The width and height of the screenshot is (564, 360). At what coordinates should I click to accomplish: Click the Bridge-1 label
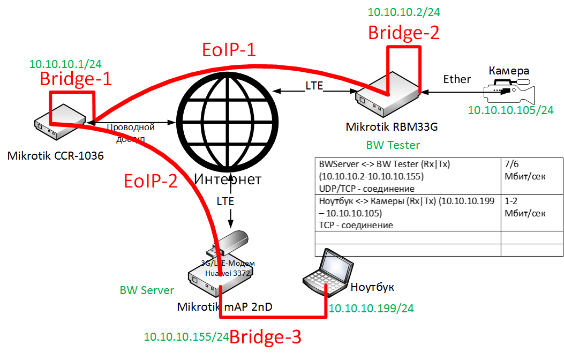tap(76, 79)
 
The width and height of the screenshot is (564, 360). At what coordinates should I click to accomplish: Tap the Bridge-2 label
tap(404, 33)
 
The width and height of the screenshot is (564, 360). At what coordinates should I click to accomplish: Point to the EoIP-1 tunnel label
tap(229, 50)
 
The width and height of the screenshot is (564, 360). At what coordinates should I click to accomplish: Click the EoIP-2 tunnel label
tap(151, 181)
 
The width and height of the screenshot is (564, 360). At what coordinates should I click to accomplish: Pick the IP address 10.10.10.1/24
tap(65, 64)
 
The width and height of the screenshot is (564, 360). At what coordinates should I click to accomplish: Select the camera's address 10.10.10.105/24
tap(510, 110)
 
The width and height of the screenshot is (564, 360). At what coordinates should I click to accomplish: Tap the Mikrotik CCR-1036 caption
tap(55, 156)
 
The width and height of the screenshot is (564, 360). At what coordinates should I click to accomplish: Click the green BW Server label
tap(147, 290)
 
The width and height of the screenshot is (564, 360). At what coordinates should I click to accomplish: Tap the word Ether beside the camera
tap(457, 79)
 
